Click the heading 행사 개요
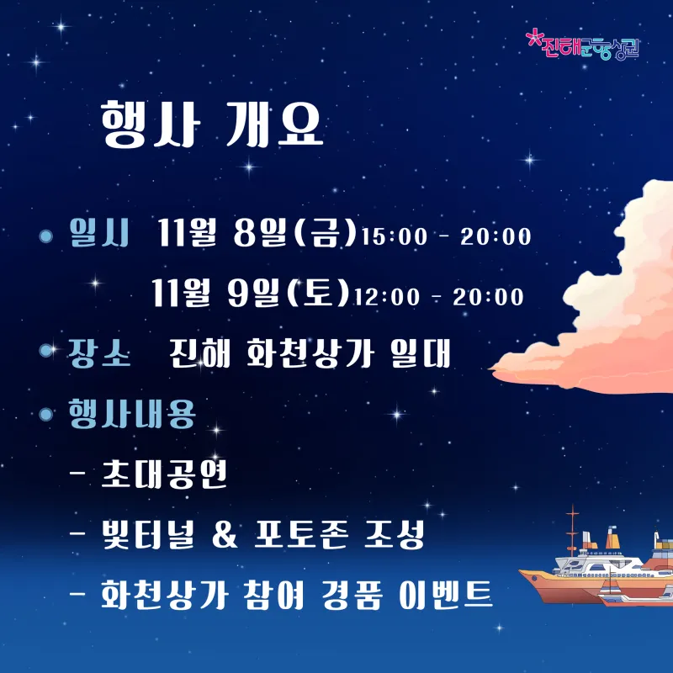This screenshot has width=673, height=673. pyautogui.click(x=212, y=125)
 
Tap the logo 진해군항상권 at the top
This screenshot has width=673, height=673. pyautogui.click(x=582, y=45)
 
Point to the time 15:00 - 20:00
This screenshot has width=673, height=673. pyautogui.click(x=447, y=236)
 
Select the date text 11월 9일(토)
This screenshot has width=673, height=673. pyautogui.click(x=250, y=293)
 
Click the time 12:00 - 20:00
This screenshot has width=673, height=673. pyautogui.click(x=438, y=297)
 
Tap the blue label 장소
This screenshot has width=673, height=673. pyautogui.click(x=99, y=352)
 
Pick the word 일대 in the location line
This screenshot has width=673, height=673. pyautogui.click(x=421, y=352)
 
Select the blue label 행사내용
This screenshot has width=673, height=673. pyautogui.click(x=132, y=413)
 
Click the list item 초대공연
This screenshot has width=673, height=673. pyautogui.click(x=164, y=474)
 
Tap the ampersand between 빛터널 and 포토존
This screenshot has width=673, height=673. pyautogui.click(x=225, y=535)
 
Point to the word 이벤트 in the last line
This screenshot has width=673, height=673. pyautogui.click(x=446, y=595)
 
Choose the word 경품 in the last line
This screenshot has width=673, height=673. pyautogui.click(x=352, y=595)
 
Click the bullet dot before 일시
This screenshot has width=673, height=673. pyautogui.click(x=45, y=236)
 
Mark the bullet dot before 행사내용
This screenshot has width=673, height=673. pyautogui.click(x=45, y=414)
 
